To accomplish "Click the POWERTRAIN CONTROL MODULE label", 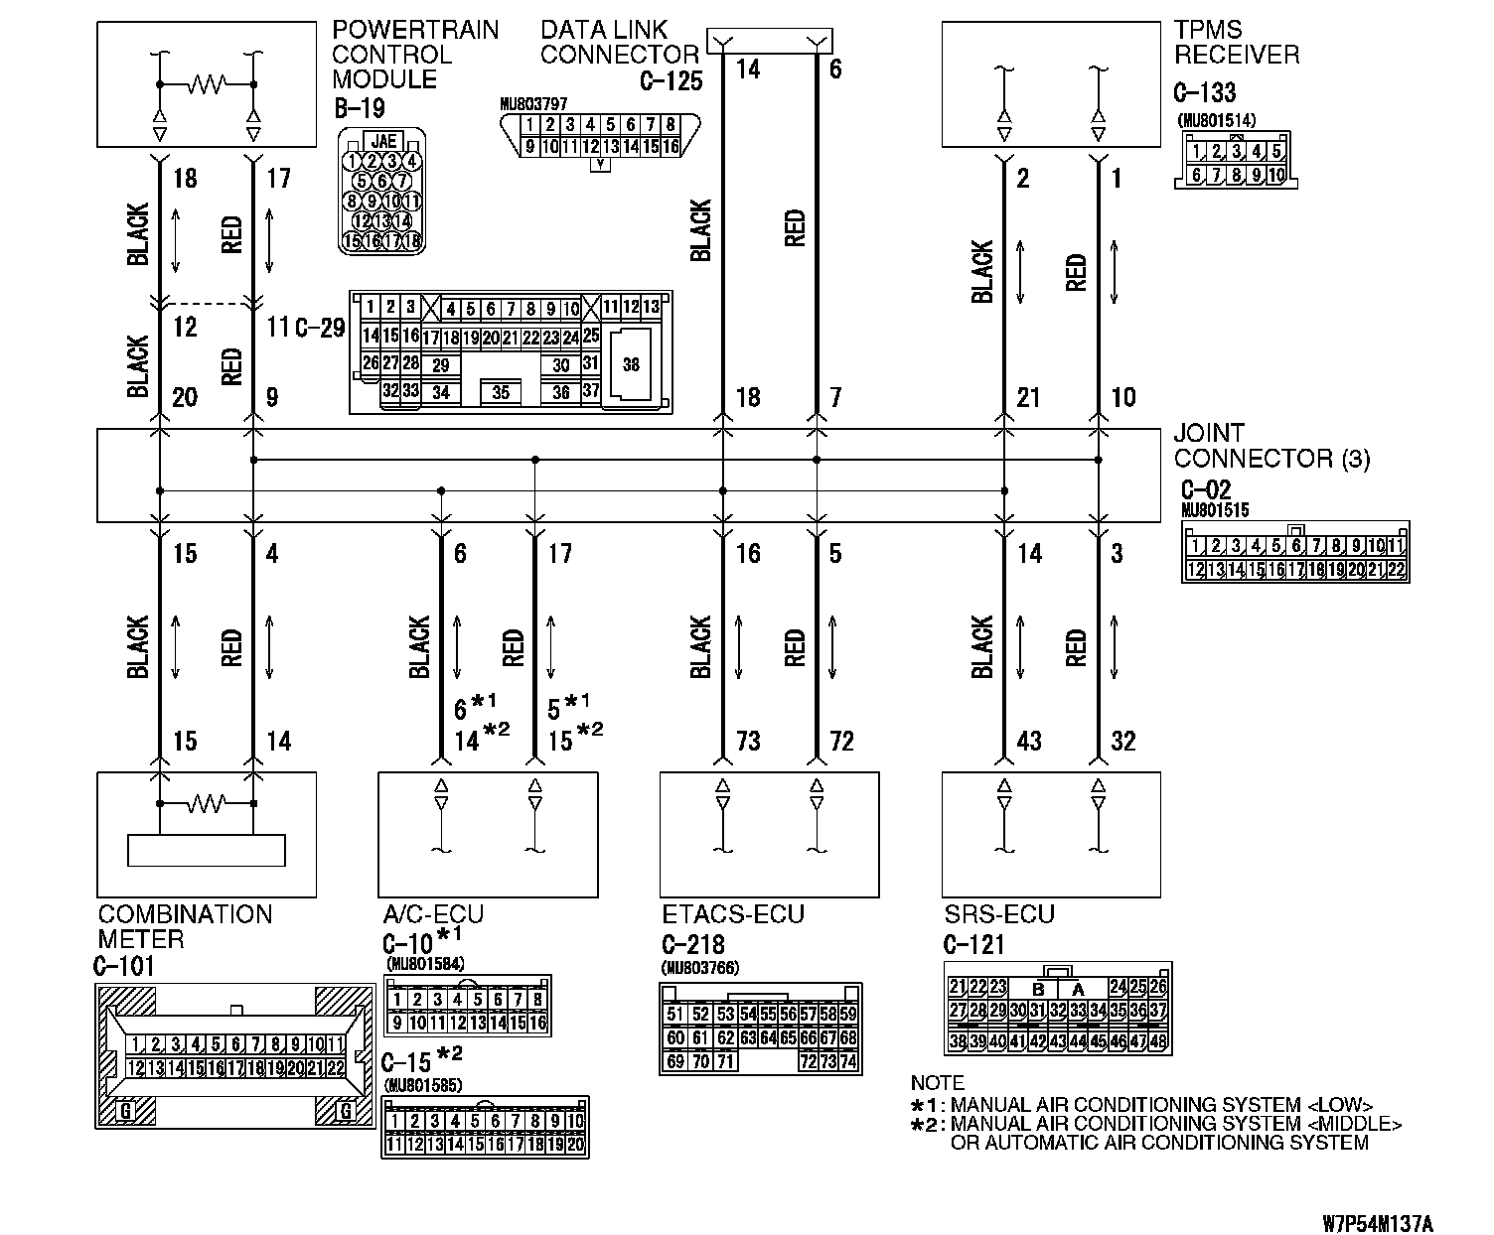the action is coord(414,55).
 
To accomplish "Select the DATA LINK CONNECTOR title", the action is coord(619,43).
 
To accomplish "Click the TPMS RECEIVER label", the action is coord(1236,43).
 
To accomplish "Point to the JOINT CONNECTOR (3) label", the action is coord(1270,446).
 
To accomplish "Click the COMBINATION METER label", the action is coord(185,926).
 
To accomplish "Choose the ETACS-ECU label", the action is coord(733,914).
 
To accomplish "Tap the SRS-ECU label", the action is coord(998,914).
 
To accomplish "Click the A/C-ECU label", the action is coord(433,914).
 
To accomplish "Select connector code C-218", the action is coord(692,944).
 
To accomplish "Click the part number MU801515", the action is coord(1215,510).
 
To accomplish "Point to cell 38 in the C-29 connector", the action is coord(631,365).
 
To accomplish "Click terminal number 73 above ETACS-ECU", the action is coord(748,741).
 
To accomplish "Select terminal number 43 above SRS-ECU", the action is coord(1029,741).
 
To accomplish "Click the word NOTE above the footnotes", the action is coord(937,1083).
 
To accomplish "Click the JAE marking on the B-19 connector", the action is coord(383,141).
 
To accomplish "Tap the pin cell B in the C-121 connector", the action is coord(1038,989).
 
